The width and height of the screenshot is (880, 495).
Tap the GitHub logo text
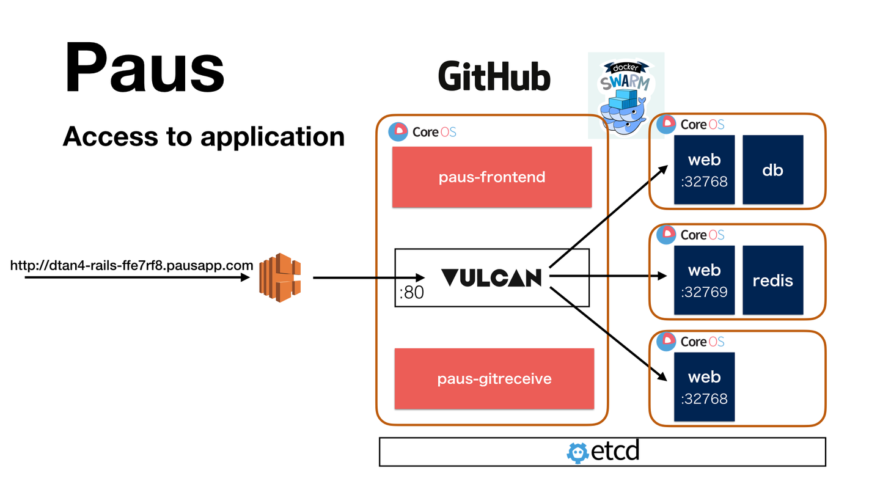click(494, 78)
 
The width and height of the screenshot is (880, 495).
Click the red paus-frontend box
click(492, 177)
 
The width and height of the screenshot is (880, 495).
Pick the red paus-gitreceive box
click(494, 378)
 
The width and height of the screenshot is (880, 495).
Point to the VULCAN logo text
click(491, 278)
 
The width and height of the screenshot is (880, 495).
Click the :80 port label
click(411, 293)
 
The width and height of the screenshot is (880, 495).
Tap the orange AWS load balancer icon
click(280, 277)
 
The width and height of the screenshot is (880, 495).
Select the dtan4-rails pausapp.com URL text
click(132, 265)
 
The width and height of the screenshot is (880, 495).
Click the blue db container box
click(772, 170)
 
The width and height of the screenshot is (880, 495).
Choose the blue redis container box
click(772, 280)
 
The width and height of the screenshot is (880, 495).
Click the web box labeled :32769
click(704, 280)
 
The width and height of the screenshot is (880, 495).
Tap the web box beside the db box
click(704, 170)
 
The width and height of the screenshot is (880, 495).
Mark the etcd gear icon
click(577, 452)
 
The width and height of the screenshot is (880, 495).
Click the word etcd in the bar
click(615, 452)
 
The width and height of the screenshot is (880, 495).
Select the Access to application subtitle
click(204, 136)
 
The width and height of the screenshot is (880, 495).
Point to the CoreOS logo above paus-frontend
click(422, 131)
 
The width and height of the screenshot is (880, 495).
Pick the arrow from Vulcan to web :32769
click(608, 276)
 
